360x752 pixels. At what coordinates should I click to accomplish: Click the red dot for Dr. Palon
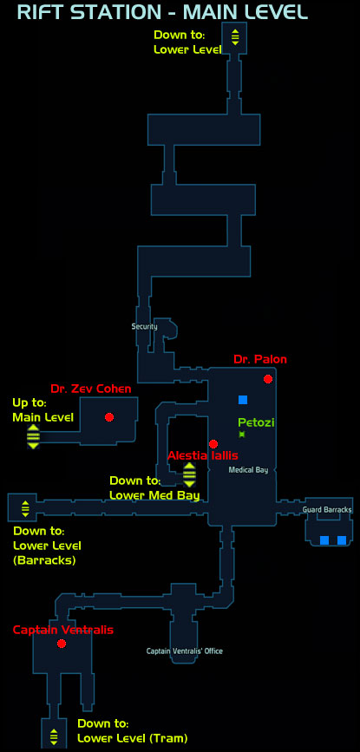point(268,379)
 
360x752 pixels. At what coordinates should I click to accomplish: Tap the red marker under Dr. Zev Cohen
point(108,416)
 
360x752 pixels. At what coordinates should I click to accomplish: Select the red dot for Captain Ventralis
point(61,643)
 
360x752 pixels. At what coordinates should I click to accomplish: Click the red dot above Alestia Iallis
point(213,443)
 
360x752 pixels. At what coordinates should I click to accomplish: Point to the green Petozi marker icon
point(242,434)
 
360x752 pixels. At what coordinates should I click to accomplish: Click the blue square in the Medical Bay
point(243,400)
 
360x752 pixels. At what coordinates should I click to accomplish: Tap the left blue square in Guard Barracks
point(324,540)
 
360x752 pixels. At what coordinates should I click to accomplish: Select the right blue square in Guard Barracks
point(342,540)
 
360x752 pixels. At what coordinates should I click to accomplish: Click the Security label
point(144,327)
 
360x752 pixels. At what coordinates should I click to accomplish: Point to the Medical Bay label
point(248,470)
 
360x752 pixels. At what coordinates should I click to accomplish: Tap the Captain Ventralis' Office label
point(185,651)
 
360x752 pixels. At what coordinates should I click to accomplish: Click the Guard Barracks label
point(327,509)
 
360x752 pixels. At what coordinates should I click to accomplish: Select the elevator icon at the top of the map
point(235,37)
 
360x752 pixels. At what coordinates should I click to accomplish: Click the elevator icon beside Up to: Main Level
point(33,436)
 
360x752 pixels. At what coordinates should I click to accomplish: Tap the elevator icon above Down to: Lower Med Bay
point(189,474)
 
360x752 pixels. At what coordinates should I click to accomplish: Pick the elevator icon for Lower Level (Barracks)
point(25,508)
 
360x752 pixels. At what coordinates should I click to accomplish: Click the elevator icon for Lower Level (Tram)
point(54,736)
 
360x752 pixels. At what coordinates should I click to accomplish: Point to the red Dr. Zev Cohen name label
point(90,389)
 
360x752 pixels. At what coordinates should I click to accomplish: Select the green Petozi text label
point(256,422)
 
